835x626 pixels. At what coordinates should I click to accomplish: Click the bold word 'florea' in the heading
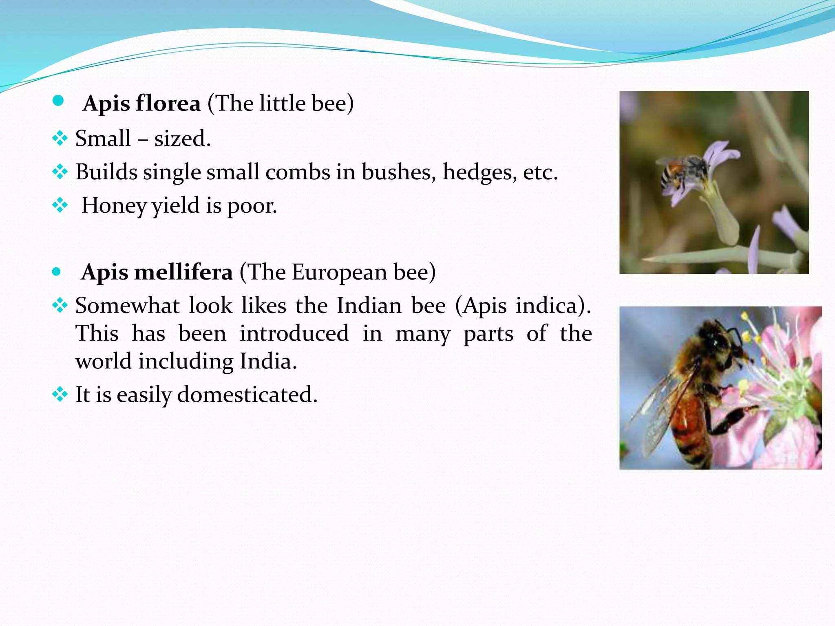coord(168,103)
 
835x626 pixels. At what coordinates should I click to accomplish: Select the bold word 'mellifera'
coord(183,272)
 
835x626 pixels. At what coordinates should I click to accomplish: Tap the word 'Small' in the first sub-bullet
coord(103,139)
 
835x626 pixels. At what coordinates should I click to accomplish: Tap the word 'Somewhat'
coord(127,306)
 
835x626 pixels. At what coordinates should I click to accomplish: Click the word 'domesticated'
coord(247,395)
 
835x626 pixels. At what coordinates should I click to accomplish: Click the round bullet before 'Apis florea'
coord(58,101)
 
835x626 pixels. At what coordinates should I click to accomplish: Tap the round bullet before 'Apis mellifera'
coord(57,271)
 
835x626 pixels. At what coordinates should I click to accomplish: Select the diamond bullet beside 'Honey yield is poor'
coord(60,205)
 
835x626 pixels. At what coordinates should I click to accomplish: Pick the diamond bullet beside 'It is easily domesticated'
coord(60,394)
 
